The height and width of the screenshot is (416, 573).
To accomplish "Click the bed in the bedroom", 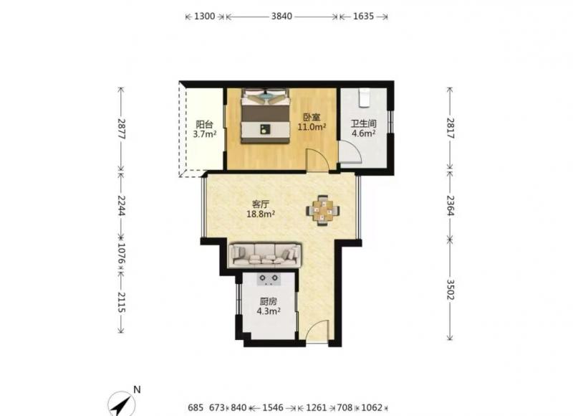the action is click(265, 116).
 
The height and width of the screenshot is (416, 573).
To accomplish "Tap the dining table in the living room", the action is click(323, 211).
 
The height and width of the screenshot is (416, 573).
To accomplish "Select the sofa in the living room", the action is click(265, 255).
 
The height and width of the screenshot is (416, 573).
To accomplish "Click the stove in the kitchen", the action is click(269, 279).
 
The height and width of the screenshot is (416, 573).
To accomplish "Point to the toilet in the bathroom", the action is click(364, 98).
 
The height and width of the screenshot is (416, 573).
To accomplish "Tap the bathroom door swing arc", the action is click(353, 151).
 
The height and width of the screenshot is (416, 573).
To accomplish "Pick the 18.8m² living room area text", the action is click(261, 214).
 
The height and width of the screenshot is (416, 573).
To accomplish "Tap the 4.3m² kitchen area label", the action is click(269, 311).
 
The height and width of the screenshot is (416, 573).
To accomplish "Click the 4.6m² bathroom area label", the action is click(364, 133).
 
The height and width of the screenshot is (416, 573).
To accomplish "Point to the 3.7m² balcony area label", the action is click(205, 134).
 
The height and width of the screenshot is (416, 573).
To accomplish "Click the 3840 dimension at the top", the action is click(281, 16).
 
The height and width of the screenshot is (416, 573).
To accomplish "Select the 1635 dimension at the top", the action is click(363, 16).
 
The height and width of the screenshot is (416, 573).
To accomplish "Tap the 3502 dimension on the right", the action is click(451, 290).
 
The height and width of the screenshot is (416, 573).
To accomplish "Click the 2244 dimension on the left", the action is click(121, 205).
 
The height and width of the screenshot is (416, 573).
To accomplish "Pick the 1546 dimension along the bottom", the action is click(273, 407).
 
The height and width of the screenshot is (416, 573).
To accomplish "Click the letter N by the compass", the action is click(137, 389).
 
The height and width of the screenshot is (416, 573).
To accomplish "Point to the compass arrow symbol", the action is click(122, 405).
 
